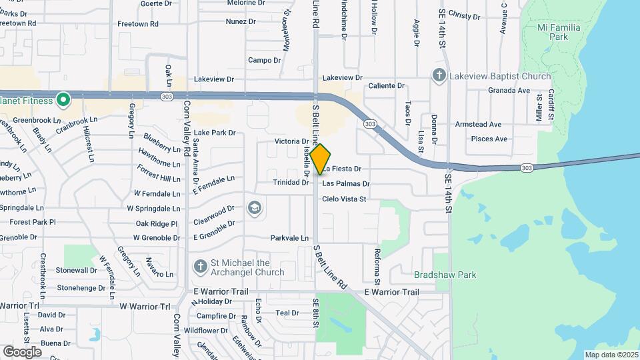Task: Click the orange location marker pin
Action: click(321, 159)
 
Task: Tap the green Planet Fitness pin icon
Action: click(63, 101)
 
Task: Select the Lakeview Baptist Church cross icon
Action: click(439, 75)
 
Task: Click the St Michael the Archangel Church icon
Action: click(199, 267)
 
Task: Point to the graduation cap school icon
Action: click(253, 208)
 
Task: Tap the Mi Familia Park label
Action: click(559, 33)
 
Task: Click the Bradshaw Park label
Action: click(435, 274)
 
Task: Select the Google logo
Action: click(23, 351)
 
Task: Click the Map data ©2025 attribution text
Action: click(611, 355)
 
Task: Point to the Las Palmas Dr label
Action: click(346, 183)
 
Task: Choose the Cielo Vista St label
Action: click(344, 199)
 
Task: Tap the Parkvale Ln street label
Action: click(289, 238)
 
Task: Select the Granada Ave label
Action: click(509, 91)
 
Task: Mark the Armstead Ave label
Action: click(478, 125)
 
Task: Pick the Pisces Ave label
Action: click(489, 139)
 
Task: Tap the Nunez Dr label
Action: click(241, 22)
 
